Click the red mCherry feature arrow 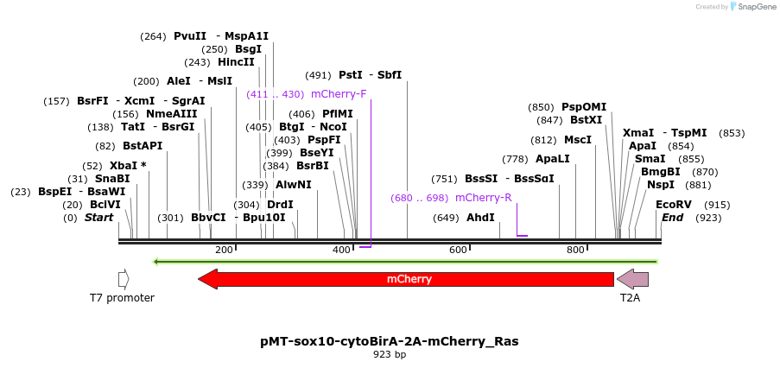pyautogui.click(x=406, y=279)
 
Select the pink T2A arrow pyautogui.click(x=632, y=279)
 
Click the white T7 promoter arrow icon pyautogui.click(x=124, y=279)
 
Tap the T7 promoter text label pyautogui.click(x=122, y=298)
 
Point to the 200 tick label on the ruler pyautogui.click(x=224, y=250)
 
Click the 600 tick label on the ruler pyautogui.click(x=458, y=250)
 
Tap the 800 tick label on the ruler pyautogui.click(x=575, y=250)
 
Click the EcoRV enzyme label pyautogui.click(x=674, y=205)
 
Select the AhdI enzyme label pyautogui.click(x=480, y=218)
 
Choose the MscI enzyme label pyautogui.click(x=578, y=139)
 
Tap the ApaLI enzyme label pyautogui.click(x=553, y=159)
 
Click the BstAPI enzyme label pyautogui.click(x=143, y=146)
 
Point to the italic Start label pyautogui.click(x=98, y=218)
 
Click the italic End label pyautogui.click(x=672, y=218)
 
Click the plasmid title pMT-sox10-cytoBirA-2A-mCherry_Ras pyautogui.click(x=390, y=341)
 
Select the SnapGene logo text pyautogui.click(x=754, y=7)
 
